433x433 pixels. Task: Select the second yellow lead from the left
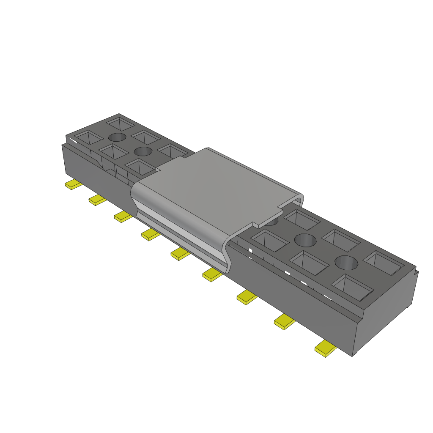point(98,200)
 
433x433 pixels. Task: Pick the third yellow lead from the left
point(123,217)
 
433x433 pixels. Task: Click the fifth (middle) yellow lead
point(181,254)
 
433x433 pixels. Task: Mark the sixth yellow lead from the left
point(212,274)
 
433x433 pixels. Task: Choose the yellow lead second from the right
point(285,322)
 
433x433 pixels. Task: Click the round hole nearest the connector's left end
point(117,137)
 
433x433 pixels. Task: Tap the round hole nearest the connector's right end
point(346,262)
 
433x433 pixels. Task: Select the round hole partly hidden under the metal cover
point(272,221)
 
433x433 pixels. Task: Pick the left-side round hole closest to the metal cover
point(143,151)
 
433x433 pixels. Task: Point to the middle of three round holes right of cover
point(305,240)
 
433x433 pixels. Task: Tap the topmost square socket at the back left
point(120,124)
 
